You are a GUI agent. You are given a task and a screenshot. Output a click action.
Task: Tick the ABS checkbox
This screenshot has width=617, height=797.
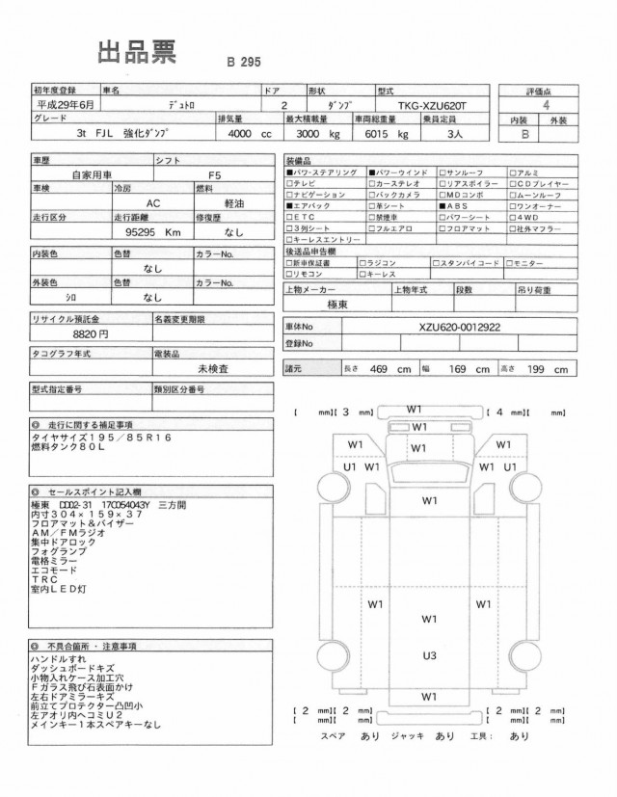(443, 206)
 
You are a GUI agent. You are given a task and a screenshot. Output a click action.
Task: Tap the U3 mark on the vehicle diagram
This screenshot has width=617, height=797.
(429, 655)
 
